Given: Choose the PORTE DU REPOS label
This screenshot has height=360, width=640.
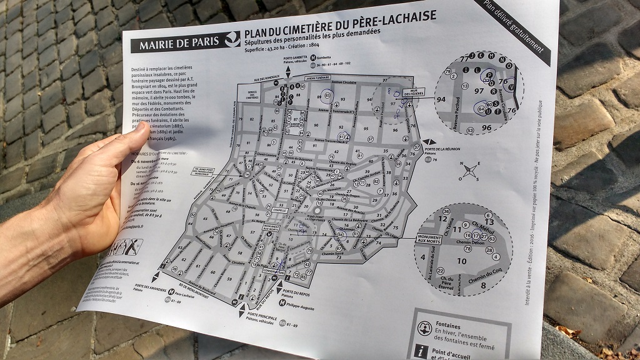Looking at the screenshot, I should pyautogui.click(x=298, y=292).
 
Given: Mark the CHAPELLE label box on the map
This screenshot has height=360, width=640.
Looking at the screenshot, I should pyautogui.click(x=277, y=211).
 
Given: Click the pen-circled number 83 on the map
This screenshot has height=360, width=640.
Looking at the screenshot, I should pyautogui.click(x=327, y=96).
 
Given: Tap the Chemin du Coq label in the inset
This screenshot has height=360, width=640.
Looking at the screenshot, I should pyautogui.click(x=484, y=276).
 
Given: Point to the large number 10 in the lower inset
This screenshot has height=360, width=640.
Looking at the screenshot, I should pyautogui.click(x=463, y=261).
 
